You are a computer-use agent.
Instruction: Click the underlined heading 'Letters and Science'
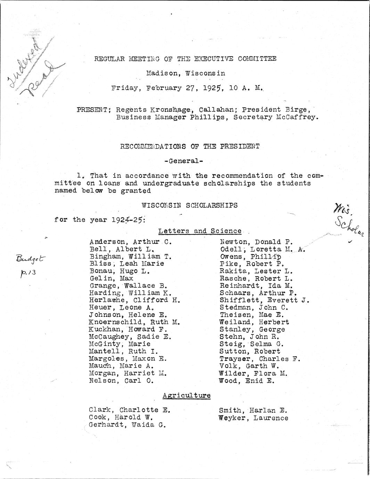[x=200, y=231]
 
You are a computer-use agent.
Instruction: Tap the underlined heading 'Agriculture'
[x=187, y=395]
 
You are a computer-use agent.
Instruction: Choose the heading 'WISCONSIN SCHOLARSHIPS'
[x=190, y=205]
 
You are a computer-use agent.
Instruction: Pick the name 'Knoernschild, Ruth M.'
[x=134, y=322]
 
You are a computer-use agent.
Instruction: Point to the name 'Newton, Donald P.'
[x=256, y=242]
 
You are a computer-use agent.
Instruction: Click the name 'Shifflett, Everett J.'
[x=264, y=300]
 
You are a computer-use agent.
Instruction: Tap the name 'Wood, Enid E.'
[x=247, y=381]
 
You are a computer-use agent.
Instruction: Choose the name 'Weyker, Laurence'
[x=254, y=418]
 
